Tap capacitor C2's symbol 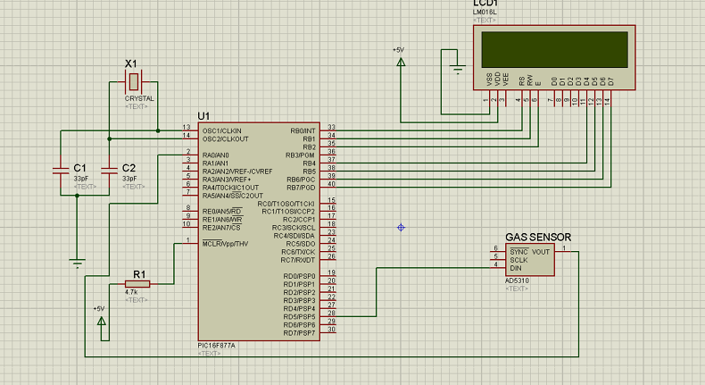coord(109,167)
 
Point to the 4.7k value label coord(131,292)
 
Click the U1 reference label coord(203,117)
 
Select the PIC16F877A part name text coord(218,346)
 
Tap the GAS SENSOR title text coord(538,238)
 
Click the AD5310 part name coord(518,280)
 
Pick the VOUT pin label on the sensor coord(541,252)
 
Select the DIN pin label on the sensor coord(516,267)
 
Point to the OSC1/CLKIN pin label coord(221,130)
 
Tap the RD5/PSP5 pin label coord(301,316)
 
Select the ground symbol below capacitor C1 coord(78,263)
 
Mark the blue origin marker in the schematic coord(401,228)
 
